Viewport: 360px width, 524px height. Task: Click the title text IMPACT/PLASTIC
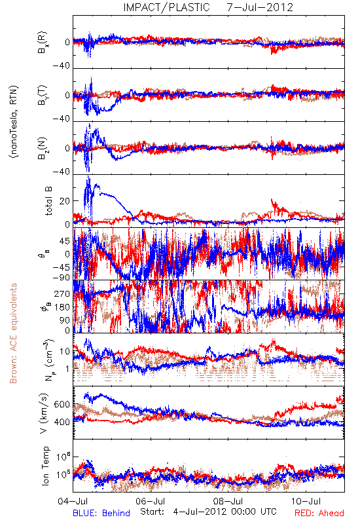coord(167,7)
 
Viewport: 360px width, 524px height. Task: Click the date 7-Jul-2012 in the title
coord(260,7)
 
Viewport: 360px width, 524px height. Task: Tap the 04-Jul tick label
coord(73,501)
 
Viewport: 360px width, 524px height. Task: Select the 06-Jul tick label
coord(150,501)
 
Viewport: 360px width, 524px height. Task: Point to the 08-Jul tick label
coord(228,501)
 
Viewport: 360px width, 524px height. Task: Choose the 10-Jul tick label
coord(306,501)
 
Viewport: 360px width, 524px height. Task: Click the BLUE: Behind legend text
coord(101,514)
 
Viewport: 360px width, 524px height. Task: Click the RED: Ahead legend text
coord(319,514)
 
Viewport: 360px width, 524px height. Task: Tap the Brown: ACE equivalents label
coord(13,333)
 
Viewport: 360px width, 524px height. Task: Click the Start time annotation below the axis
coord(208,512)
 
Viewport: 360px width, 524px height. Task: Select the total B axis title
coord(48,201)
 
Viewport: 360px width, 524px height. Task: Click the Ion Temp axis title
coord(45,466)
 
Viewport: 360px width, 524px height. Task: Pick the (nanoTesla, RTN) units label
coord(14,122)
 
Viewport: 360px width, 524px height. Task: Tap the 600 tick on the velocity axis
coord(62,404)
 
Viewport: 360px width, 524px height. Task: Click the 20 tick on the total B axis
coord(65,201)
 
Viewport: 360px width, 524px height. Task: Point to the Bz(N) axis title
coord(42,148)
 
